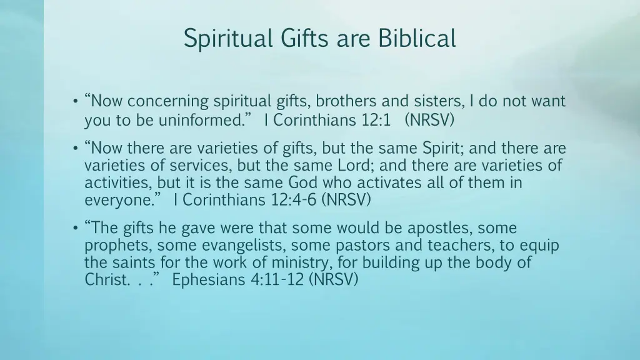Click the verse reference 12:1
tap(375, 121)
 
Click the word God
tap(302, 183)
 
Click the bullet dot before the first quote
tap(74, 101)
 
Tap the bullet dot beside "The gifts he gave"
tap(74, 228)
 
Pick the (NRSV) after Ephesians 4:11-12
tap(334, 280)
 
